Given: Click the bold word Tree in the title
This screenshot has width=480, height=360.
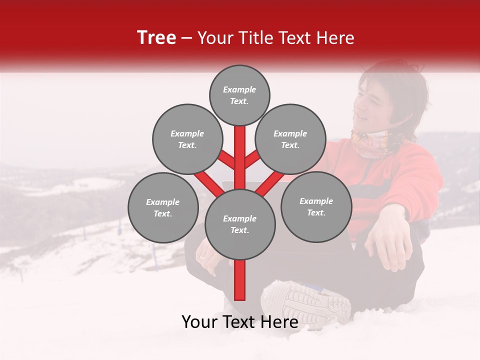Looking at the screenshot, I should (x=156, y=38).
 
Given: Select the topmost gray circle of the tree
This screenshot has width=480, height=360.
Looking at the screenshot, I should (x=239, y=95).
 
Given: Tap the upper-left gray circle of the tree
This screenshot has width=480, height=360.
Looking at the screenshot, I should (x=187, y=139).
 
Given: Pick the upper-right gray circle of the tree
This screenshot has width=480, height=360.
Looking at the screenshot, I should (x=290, y=139).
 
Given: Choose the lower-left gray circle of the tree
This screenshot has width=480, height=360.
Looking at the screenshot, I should (x=162, y=207).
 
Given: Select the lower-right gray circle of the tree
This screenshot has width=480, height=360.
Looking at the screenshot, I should (x=316, y=206).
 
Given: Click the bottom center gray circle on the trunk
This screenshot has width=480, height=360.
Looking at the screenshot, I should (x=239, y=224).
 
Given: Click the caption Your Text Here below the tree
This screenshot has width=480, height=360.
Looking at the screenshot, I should (x=239, y=322).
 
